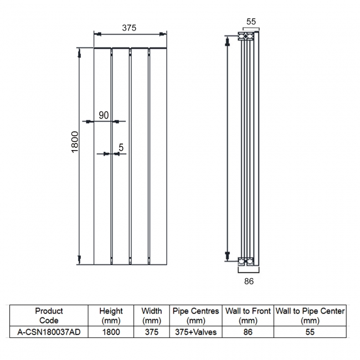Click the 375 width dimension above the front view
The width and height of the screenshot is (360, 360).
(x=129, y=28)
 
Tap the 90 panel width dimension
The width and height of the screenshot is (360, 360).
(x=104, y=115)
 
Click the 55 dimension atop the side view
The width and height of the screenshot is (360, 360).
(x=251, y=22)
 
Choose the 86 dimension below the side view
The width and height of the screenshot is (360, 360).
(x=249, y=281)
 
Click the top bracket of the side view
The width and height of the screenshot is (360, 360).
(x=247, y=37)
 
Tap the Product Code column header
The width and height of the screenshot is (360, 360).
(x=49, y=316)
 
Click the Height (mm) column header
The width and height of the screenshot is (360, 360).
(x=111, y=316)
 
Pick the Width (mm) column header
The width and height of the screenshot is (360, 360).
(x=151, y=316)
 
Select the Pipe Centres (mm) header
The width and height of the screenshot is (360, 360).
(x=196, y=316)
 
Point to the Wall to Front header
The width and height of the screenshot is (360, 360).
(x=248, y=316)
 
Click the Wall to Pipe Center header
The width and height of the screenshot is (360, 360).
(x=310, y=316)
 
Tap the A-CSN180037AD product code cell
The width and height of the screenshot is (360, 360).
(x=49, y=332)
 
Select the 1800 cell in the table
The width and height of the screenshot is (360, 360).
(x=111, y=332)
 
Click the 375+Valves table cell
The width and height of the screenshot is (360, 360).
(x=196, y=332)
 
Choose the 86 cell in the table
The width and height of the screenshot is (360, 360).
(x=248, y=332)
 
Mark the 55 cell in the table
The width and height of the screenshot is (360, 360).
(x=310, y=332)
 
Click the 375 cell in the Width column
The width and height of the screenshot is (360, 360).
(x=151, y=332)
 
